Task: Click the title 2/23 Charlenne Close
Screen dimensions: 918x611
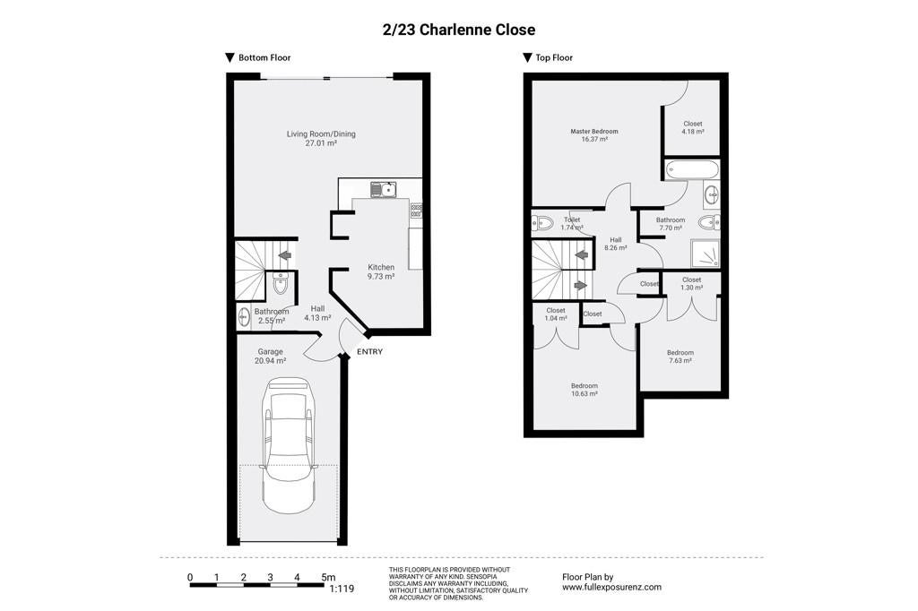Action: coord(458,30)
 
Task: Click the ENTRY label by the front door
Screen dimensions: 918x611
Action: coord(369,352)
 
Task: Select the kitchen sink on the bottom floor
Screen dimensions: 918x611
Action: coord(383,189)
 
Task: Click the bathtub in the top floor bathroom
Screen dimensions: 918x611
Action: coord(691,169)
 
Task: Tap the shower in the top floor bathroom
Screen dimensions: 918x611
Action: coord(706,254)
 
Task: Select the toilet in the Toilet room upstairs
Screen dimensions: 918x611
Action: coord(542,223)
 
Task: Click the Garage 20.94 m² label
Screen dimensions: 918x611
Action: coord(270,357)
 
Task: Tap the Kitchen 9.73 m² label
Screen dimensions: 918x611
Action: coord(380,271)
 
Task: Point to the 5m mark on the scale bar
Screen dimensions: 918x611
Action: coord(328,578)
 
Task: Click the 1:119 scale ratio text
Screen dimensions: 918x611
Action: coord(342,589)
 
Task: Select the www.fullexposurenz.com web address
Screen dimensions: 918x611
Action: coord(611,587)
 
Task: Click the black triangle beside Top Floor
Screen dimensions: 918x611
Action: coord(527,58)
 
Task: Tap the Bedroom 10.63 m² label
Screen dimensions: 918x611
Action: coord(585,390)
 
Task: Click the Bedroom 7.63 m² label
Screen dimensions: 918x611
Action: coord(680,357)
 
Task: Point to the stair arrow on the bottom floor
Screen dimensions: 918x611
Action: coord(285,255)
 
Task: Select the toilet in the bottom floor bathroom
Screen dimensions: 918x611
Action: coord(281,284)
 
